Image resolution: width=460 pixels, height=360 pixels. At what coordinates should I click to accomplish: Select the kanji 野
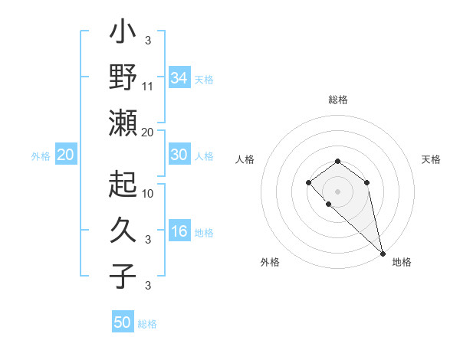tap(123, 77)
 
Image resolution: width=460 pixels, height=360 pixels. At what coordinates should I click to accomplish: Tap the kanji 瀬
tap(123, 123)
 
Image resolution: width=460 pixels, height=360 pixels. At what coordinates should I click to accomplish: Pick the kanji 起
tap(123, 185)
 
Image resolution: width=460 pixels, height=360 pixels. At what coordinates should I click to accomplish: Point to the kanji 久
tap(123, 231)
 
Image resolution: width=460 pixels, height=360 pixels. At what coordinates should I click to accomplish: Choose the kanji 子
tap(123, 277)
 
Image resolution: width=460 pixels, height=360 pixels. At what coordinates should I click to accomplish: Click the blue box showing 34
tap(179, 78)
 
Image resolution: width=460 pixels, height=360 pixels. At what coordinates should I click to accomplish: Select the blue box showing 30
tap(179, 155)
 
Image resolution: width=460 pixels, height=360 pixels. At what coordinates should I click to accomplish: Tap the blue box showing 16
tap(179, 232)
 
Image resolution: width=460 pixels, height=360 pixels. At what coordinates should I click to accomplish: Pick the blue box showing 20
tap(66, 155)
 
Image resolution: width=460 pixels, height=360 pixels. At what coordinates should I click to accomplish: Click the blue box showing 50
tap(123, 322)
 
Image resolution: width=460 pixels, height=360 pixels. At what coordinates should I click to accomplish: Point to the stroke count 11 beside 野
tap(149, 86)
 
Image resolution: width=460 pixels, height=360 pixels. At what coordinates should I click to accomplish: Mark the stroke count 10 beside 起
tap(149, 193)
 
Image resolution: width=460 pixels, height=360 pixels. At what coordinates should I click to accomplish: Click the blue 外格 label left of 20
tap(41, 155)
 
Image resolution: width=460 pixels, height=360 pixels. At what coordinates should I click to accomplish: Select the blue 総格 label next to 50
tap(147, 323)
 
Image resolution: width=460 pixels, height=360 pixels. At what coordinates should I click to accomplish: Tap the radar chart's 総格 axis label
tap(338, 100)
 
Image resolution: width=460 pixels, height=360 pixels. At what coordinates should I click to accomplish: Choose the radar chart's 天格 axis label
tap(432, 159)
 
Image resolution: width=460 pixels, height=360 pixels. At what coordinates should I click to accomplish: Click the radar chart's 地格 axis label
tap(402, 262)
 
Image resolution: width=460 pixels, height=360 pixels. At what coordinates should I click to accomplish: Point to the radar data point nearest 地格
tap(383, 253)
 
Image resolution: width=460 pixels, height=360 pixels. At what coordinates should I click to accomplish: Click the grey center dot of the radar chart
tap(337, 191)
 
